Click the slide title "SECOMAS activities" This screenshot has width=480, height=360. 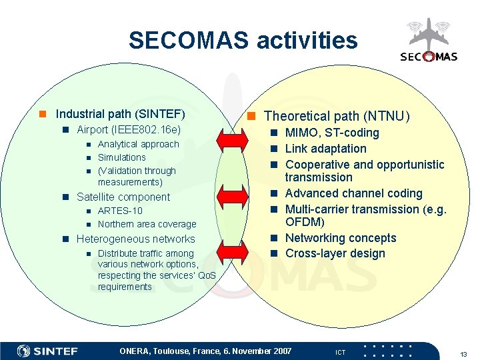pyautogui.click(x=243, y=41)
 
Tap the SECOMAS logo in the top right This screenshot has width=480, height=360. pyautogui.click(x=429, y=43)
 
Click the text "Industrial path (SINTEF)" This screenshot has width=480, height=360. pyautogui.click(x=120, y=114)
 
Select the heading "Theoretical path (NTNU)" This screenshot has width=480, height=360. pyautogui.click(x=337, y=117)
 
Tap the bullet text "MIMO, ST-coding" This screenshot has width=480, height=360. pyautogui.click(x=332, y=133)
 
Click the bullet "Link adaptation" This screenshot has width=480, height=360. pyautogui.click(x=326, y=149)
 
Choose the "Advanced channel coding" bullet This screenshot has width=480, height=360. pyautogui.click(x=354, y=193)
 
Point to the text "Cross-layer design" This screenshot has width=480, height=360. pyautogui.click(x=335, y=253)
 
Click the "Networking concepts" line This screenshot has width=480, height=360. pyautogui.click(x=341, y=238)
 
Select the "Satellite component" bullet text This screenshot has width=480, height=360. pyautogui.click(x=123, y=197)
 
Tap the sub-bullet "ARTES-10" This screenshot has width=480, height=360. pyautogui.click(x=120, y=211)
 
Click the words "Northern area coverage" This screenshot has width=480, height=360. pyautogui.click(x=147, y=224)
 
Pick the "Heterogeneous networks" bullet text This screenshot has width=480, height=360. pyautogui.click(x=136, y=239)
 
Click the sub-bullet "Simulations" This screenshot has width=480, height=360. pyautogui.click(x=121, y=157)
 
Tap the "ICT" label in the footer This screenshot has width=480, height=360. pyautogui.click(x=340, y=352)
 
